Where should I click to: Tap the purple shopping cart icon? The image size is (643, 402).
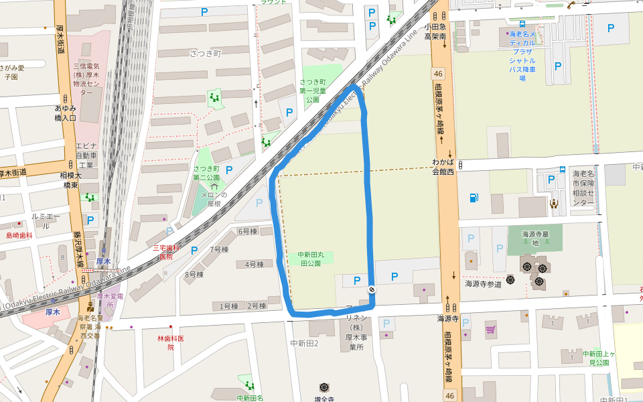(490, 330)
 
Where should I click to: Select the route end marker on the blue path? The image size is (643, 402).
(371, 289)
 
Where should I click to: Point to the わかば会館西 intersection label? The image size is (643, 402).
(443, 166)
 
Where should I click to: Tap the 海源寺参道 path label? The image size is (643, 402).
(484, 283)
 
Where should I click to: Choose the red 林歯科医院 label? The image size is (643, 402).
(170, 342)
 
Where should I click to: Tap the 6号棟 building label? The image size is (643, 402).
(248, 231)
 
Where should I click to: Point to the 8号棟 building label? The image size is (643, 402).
(194, 275)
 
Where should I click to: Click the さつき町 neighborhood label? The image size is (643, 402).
(205, 54)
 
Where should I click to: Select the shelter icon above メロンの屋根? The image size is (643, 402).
(215, 185)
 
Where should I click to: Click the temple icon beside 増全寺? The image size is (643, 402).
(325, 387)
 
